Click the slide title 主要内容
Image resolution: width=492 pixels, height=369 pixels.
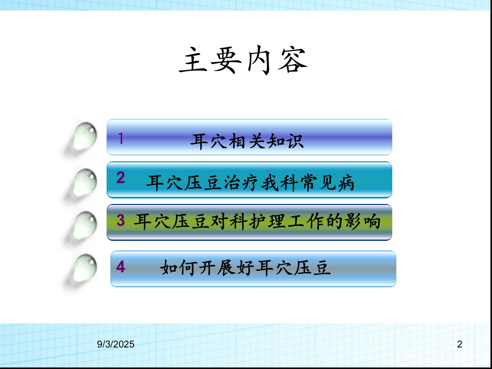tap(243, 60)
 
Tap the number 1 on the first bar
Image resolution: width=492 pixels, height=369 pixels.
tap(121, 138)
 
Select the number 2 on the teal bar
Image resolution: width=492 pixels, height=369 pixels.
tap(121, 178)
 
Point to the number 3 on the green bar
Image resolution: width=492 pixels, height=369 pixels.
tap(121, 220)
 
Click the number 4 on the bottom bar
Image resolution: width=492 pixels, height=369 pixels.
tap(121, 266)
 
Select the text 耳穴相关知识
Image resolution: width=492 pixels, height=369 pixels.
tap(247, 141)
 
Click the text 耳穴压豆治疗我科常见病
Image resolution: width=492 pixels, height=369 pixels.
tap(250, 183)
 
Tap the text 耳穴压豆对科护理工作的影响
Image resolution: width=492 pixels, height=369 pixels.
tap(257, 222)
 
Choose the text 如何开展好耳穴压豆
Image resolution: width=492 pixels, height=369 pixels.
tap(245, 268)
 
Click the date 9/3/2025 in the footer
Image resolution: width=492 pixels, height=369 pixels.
tap(116, 344)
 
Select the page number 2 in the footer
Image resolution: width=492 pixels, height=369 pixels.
tap(460, 344)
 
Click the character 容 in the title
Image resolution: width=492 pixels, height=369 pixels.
tap(292, 60)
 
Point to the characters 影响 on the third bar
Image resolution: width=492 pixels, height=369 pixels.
tap(363, 222)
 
